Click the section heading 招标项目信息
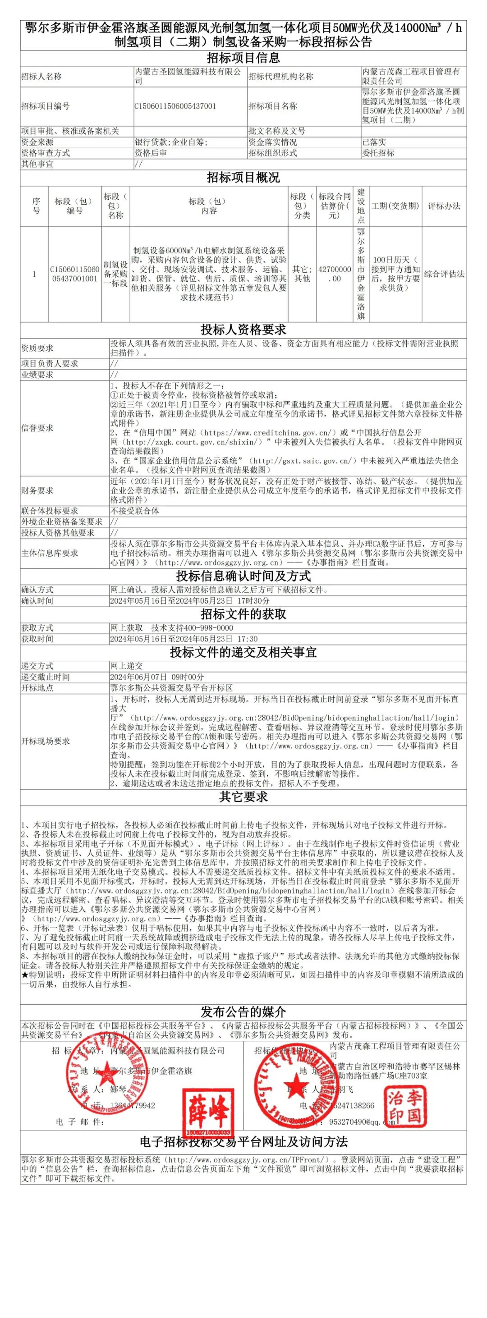pyautogui.click(x=243, y=58)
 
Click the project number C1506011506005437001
pyautogui.click(x=175, y=106)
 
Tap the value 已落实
pyautogui.click(x=374, y=142)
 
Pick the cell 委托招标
pyautogui.click(x=378, y=153)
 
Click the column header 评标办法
pyautogui.click(x=444, y=206)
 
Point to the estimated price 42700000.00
pyautogui.click(x=335, y=274)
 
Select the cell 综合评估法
pyautogui.click(x=444, y=274)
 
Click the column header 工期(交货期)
pyautogui.click(x=395, y=206)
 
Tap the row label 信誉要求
pyautogui.click(x=37, y=428)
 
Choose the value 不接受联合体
pyautogui.click(x=135, y=511)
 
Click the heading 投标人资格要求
pyautogui.click(x=243, y=329)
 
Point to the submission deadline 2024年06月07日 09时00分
pyautogui.click(x=157, y=677)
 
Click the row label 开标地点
pyautogui.click(x=37, y=688)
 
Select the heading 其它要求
pyautogui.click(x=243, y=797)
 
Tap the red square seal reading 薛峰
pyautogui.click(x=208, y=1113)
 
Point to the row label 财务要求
pyautogui.click(x=37, y=491)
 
